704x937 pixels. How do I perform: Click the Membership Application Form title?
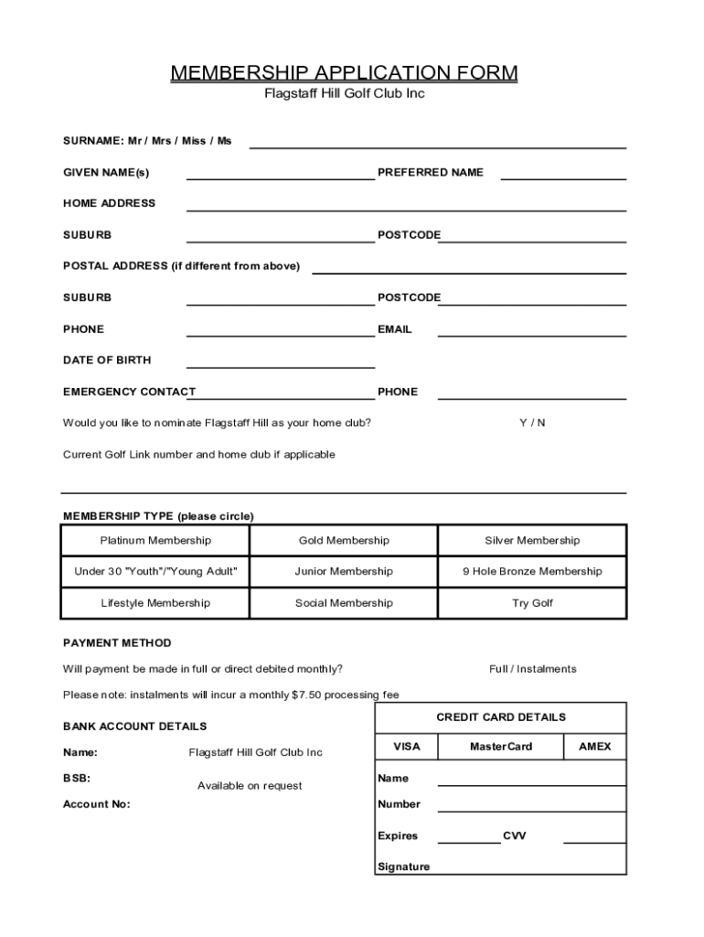(x=344, y=73)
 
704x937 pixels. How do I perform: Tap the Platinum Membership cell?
(x=155, y=541)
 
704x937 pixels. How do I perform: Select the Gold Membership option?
(x=344, y=541)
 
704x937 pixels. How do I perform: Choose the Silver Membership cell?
(x=532, y=541)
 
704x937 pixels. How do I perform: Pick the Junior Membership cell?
(x=344, y=572)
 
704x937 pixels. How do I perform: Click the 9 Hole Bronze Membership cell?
(x=532, y=572)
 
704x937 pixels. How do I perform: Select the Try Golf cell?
(x=532, y=603)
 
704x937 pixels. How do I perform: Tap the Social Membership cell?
(x=344, y=603)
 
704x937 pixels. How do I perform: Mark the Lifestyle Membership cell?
(x=155, y=603)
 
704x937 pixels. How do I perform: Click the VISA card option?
(x=407, y=747)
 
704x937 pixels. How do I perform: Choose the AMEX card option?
(x=595, y=747)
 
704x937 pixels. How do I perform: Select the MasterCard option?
(x=501, y=747)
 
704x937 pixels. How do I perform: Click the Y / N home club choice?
(x=532, y=423)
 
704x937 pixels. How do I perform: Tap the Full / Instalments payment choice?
(x=533, y=669)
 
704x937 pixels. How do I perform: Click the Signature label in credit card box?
(x=403, y=867)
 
